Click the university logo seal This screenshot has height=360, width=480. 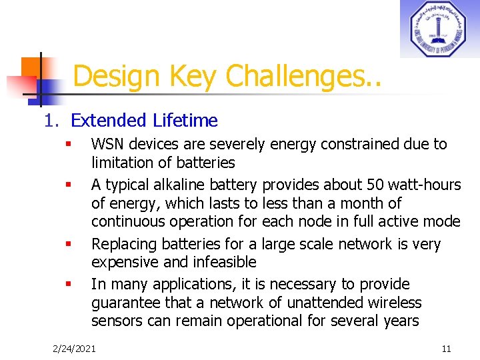(439, 29)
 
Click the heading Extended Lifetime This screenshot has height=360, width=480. (144, 121)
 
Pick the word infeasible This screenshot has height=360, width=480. (224, 262)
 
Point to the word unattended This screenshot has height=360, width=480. (330, 303)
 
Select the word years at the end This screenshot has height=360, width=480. (399, 321)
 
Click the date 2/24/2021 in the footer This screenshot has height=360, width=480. (74, 348)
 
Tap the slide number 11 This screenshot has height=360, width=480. (446, 348)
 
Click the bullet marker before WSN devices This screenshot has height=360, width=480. (68, 145)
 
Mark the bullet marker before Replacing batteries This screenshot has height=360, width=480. (68, 245)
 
